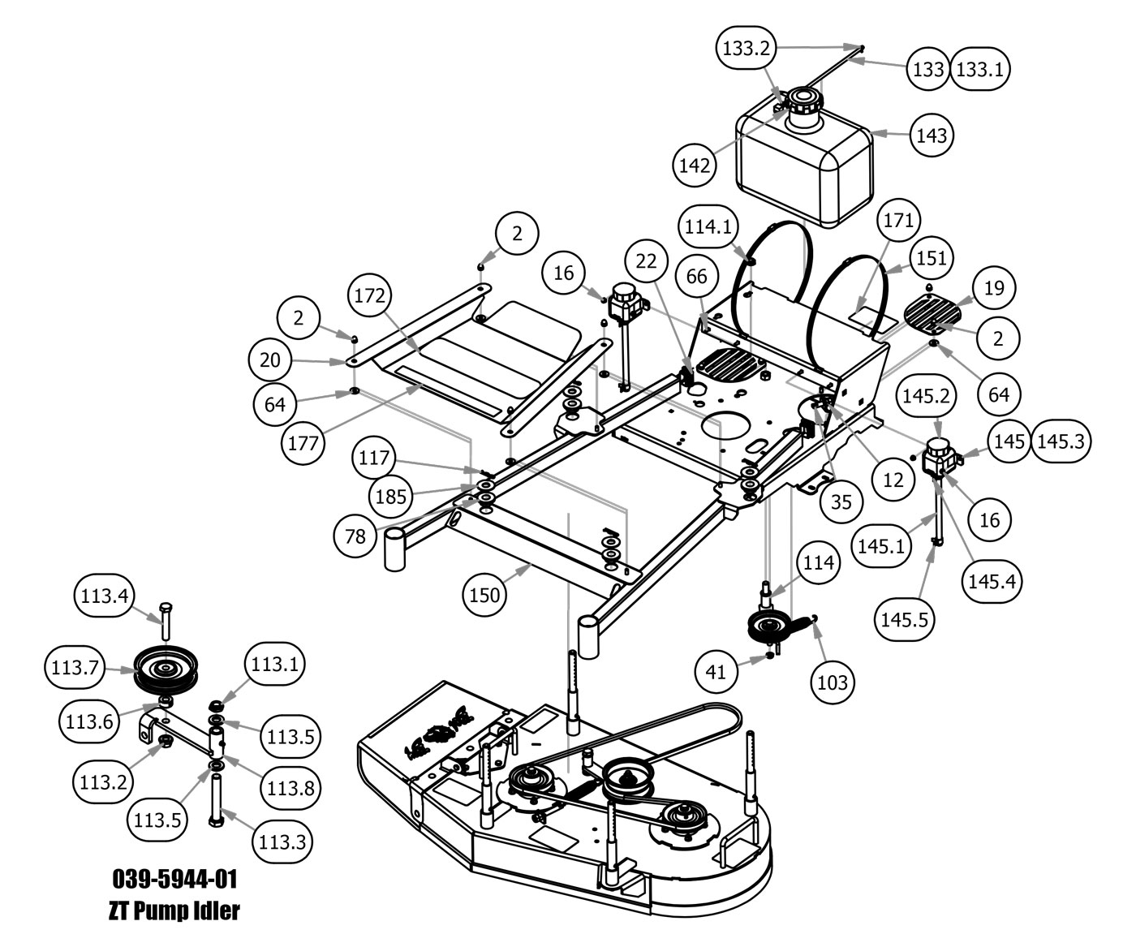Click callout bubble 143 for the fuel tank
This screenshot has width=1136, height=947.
[x=932, y=135]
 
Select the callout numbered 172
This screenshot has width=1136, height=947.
[x=369, y=297]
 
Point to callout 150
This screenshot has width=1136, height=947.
[x=484, y=595]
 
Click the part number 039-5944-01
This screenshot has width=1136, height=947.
[x=174, y=879]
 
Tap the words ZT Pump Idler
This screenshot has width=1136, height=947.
[x=174, y=910]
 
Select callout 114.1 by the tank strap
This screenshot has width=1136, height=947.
[x=709, y=226]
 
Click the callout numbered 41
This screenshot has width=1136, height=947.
[x=717, y=671]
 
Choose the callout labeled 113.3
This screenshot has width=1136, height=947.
[x=282, y=842]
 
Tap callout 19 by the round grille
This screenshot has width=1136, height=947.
[x=994, y=287]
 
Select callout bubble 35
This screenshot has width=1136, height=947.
[x=841, y=502]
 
